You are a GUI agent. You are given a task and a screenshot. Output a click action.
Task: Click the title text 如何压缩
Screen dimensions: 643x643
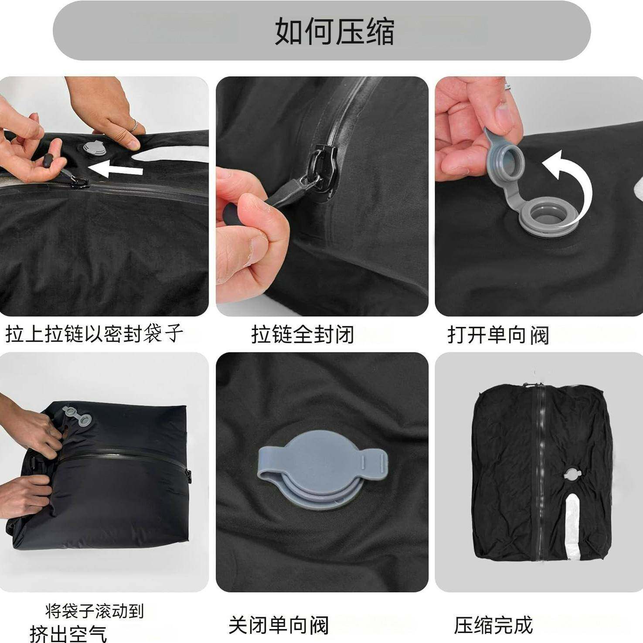[x=334, y=31]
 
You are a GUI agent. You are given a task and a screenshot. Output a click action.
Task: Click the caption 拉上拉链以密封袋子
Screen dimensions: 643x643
[x=94, y=335]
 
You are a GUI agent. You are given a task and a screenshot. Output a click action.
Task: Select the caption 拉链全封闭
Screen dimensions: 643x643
[x=303, y=335]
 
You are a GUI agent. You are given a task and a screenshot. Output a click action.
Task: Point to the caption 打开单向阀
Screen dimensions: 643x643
[x=498, y=335]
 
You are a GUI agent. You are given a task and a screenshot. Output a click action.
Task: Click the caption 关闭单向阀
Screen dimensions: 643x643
[x=279, y=625]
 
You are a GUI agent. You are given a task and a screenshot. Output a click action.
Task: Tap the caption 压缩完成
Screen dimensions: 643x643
[x=493, y=625]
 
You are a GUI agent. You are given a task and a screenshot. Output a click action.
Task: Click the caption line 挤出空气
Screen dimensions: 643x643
[x=68, y=633]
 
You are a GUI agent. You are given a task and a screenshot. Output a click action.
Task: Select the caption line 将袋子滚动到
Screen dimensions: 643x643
[x=94, y=611]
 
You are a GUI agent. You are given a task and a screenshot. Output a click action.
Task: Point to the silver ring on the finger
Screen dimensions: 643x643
[x=134, y=126]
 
